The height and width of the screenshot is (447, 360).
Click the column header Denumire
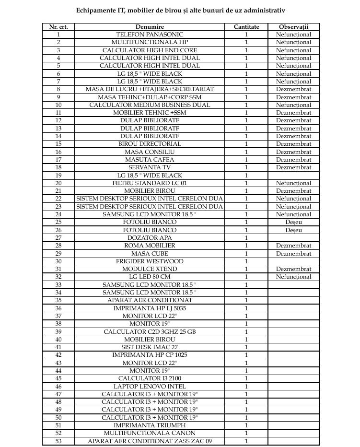pos(150,27)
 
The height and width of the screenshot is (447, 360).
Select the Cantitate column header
pos(246,27)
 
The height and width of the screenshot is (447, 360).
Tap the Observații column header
pos(293,27)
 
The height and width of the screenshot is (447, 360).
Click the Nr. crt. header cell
pos(58,27)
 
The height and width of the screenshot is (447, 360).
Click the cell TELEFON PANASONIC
pos(150,35)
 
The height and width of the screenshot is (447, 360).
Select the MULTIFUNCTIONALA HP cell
pos(150,42)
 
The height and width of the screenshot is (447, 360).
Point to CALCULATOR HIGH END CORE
pos(150,50)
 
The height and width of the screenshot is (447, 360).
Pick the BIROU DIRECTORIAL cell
pos(150,144)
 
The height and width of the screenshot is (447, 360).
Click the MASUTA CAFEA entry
pos(150,160)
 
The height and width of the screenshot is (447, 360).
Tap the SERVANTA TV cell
pos(150,167)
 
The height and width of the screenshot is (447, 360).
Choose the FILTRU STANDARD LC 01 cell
pos(150,183)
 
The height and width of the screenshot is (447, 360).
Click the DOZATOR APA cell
pos(150,238)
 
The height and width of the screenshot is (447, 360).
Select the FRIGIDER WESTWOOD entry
pos(150,261)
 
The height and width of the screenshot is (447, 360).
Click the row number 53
pos(58,441)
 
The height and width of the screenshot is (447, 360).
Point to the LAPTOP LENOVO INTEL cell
pos(150,387)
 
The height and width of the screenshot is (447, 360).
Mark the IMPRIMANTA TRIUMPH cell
pos(150,425)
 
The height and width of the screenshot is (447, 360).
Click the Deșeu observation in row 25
pos(293,222)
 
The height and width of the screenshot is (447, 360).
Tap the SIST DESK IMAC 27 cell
pos(150,347)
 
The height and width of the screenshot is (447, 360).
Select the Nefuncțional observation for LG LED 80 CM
pos(293,277)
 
